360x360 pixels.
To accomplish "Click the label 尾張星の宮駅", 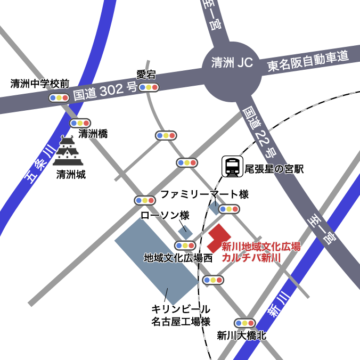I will pyautogui.click(x=273, y=169).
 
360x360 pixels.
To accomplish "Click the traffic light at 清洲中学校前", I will pyautogui.click(x=59, y=97).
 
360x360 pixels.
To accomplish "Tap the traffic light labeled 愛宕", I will pyautogui.click(x=149, y=87).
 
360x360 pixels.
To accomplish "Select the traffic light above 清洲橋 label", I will pyautogui.click(x=81, y=123).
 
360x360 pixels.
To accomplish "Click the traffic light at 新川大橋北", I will pyautogui.click(x=245, y=323).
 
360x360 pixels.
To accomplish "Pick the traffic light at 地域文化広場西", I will pyautogui.click(x=185, y=246).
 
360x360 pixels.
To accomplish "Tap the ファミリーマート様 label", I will pyautogui.click(x=204, y=194).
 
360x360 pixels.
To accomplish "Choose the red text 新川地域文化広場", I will pyautogui.click(x=261, y=247).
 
